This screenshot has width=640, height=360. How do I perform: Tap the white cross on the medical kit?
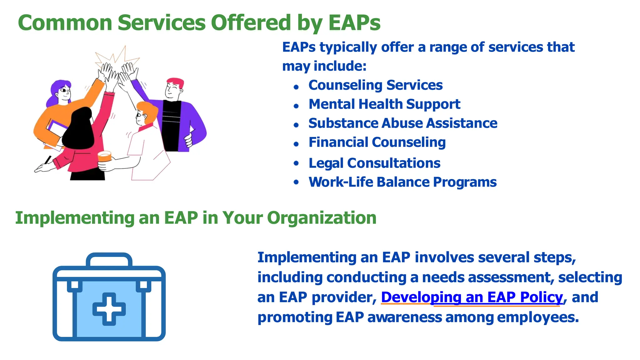pyautogui.click(x=109, y=309)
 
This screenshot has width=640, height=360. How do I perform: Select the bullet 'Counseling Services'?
pyautogui.click(x=375, y=85)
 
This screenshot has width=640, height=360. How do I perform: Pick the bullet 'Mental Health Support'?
pyautogui.click(x=384, y=104)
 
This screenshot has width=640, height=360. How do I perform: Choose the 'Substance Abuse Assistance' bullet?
pyautogui.click(x=403, y=123)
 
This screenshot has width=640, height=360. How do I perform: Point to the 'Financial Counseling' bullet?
pyautogui.click(x=377, y=142)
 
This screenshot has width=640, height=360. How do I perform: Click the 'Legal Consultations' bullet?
pyautogui.click(x=374, y=163)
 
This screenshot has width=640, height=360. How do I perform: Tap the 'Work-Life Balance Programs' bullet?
pyautogui.click(x=402, y=182)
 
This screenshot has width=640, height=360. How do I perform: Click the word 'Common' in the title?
pyautogui.click(x=65, y=23)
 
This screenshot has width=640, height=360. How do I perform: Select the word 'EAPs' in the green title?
pyautogui.click(x=354, y=23)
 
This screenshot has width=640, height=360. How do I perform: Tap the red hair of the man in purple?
pyautogui.click(x=175, y=82)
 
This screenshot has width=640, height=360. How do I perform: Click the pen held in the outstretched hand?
pyautogui.click(x=47, y=160)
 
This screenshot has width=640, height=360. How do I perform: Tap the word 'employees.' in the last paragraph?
pyautogui.click(x=538, y=317)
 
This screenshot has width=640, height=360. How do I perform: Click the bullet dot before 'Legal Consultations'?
pyautogui.click(x=296, y=163)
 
